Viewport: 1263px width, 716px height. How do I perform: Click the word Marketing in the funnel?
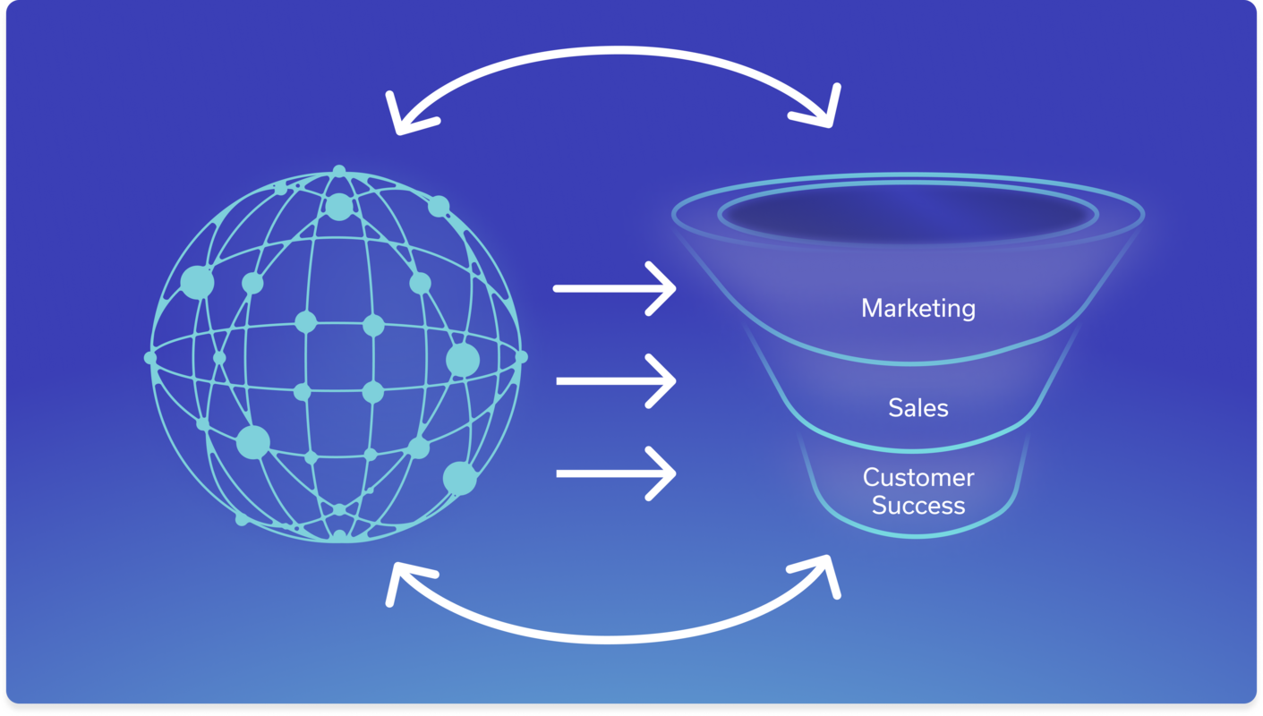[x=917, y=308]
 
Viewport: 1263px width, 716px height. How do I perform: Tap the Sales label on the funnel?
[x=917, y=408]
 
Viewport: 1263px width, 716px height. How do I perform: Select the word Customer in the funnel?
[x=917, y=477]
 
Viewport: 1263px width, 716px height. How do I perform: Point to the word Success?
[x=917, y=506]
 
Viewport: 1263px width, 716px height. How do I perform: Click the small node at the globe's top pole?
[x=338, y=170]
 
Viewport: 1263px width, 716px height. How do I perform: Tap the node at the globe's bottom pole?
[x=339, y=535]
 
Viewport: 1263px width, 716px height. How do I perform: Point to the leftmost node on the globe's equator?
[x=150, y=358]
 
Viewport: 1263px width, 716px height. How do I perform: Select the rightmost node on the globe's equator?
[x=522, y=357]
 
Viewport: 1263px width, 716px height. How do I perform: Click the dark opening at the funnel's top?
[x=908, y=215]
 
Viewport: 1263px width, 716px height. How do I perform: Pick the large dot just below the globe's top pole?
[x=338, y=207]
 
